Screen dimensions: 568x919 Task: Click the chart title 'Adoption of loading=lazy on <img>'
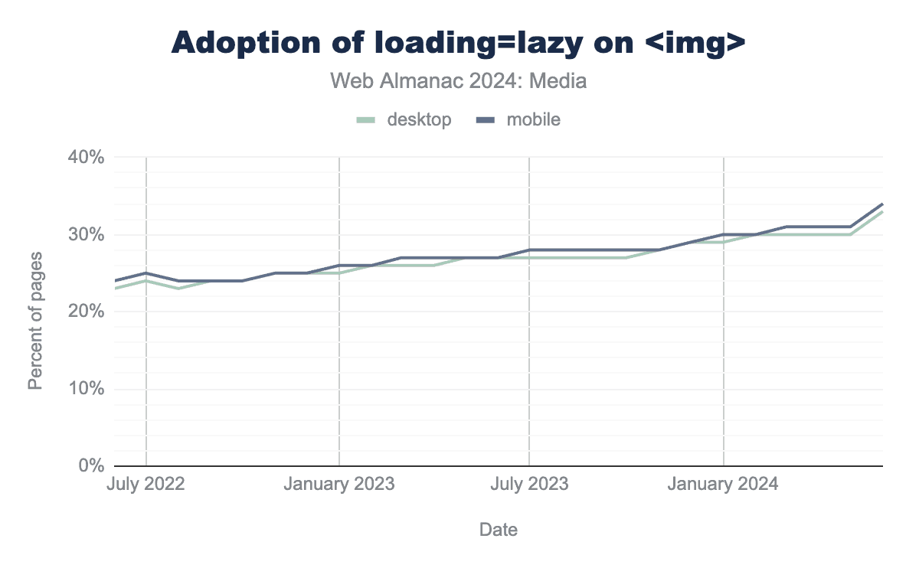[x=458, y=43]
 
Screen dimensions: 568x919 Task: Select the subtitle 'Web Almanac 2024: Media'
[x=458, y=80]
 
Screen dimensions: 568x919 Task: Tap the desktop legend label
[x=419, y=119]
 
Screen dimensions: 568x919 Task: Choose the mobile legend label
[x=534, y=119]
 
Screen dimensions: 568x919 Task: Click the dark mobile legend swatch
[x=486, y=120]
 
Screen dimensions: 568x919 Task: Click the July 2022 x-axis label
[x=146, y=485]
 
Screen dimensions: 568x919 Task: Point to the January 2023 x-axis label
[x=338, y=485]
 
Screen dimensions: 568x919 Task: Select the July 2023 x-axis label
[x=529, y=485]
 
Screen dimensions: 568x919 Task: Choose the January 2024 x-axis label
[x=723, y=485]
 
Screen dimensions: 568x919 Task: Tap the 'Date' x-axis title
[x=498, y=530]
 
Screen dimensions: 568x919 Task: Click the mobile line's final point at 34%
[x=882, y=204]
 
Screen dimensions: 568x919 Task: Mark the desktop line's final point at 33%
[x=882, y=211]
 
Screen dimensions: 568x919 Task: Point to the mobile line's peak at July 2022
[x=146, y=273]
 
